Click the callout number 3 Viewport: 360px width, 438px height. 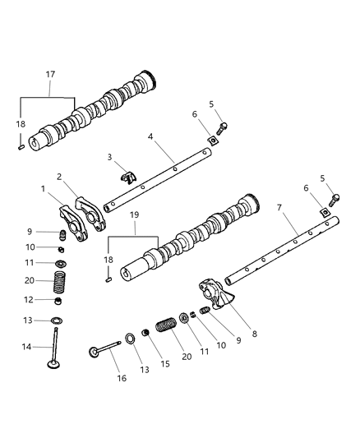click(x=108, y=156)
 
